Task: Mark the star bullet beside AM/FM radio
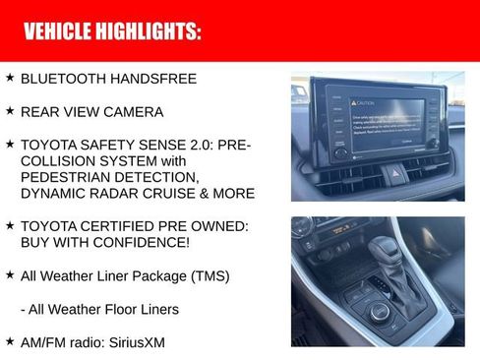(10, 340)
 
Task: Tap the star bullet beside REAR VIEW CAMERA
(10, 111)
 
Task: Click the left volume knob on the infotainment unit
(340, 152)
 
